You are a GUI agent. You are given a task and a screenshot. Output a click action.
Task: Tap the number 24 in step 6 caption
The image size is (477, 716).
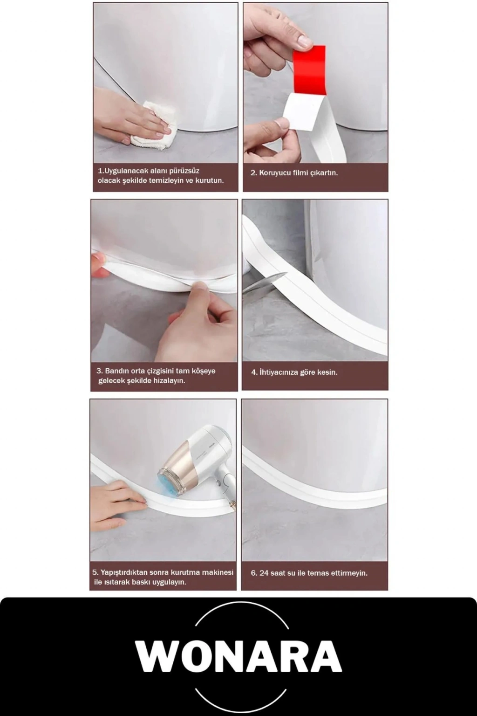point(265,573)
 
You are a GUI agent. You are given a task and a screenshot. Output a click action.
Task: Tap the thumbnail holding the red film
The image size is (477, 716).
point(304,41)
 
